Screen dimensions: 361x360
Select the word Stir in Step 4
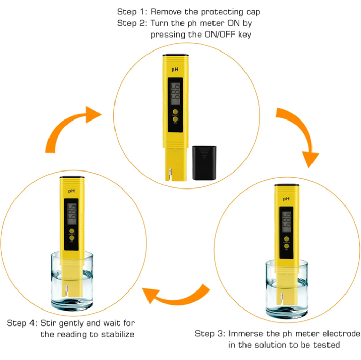tap(50, 323)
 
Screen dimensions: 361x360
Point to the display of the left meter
tap(72, 213)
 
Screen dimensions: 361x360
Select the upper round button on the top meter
tap(175, 111)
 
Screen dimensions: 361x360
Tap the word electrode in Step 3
tap(337, 333)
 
